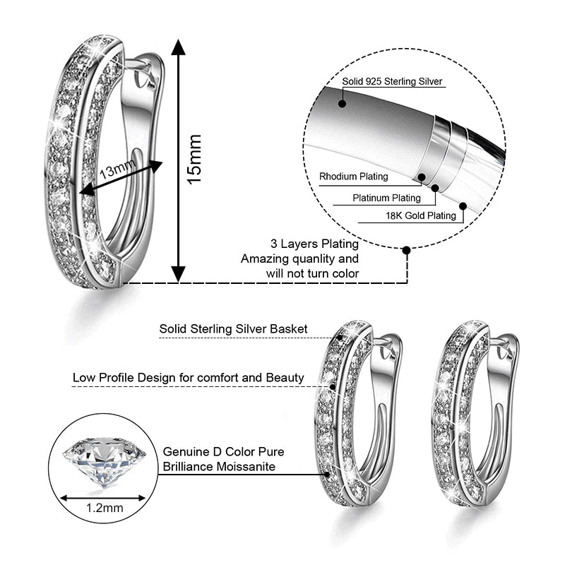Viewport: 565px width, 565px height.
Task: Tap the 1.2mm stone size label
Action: (x=105, y=507)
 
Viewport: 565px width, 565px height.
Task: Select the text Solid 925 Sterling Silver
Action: (x=393, y=81)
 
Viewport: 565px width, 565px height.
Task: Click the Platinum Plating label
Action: (x=387, y=198)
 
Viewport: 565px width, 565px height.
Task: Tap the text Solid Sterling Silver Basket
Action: (x=234, y=328)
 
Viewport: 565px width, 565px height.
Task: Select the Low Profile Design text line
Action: (x=189, y=378)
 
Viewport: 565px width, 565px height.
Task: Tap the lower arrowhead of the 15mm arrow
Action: (x=179, y=273)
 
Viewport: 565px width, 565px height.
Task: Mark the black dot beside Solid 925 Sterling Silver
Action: (x=342, y=103)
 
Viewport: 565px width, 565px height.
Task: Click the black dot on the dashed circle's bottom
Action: (x=407, y=249)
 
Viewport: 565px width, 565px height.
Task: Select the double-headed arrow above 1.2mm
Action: (x=105, y=496)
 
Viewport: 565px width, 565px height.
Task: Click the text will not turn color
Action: (x=313, y=274)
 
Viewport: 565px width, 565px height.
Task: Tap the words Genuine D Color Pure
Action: (x=224, y=451)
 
